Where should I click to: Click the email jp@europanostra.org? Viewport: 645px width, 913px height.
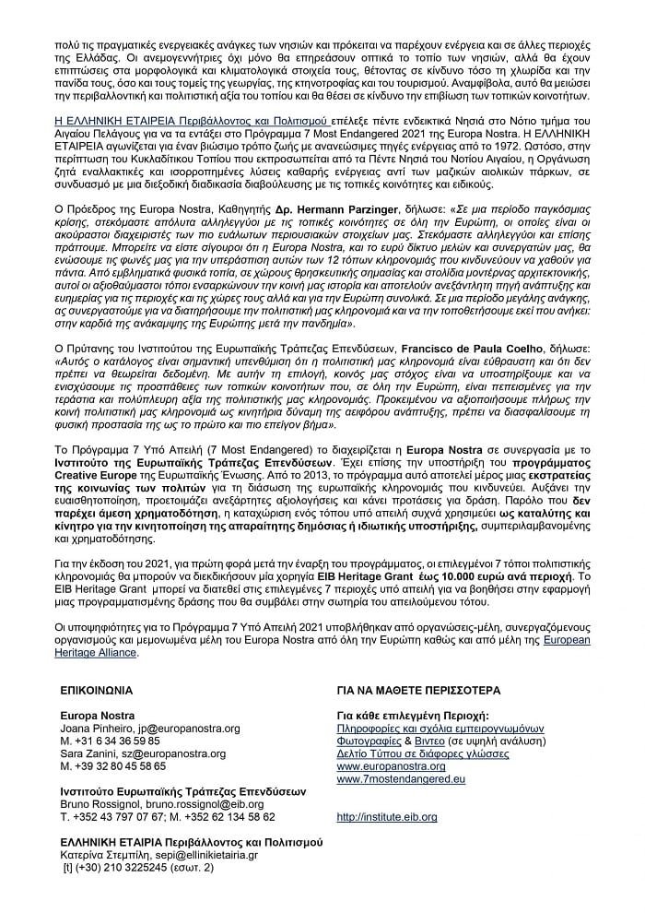point(170,728)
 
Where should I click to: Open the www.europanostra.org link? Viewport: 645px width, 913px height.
point(391,766)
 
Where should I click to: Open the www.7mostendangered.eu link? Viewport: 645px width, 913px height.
point(401,779)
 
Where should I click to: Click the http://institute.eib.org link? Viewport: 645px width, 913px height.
point(387,817)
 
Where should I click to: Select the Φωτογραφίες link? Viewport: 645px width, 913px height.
point(370,741)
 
